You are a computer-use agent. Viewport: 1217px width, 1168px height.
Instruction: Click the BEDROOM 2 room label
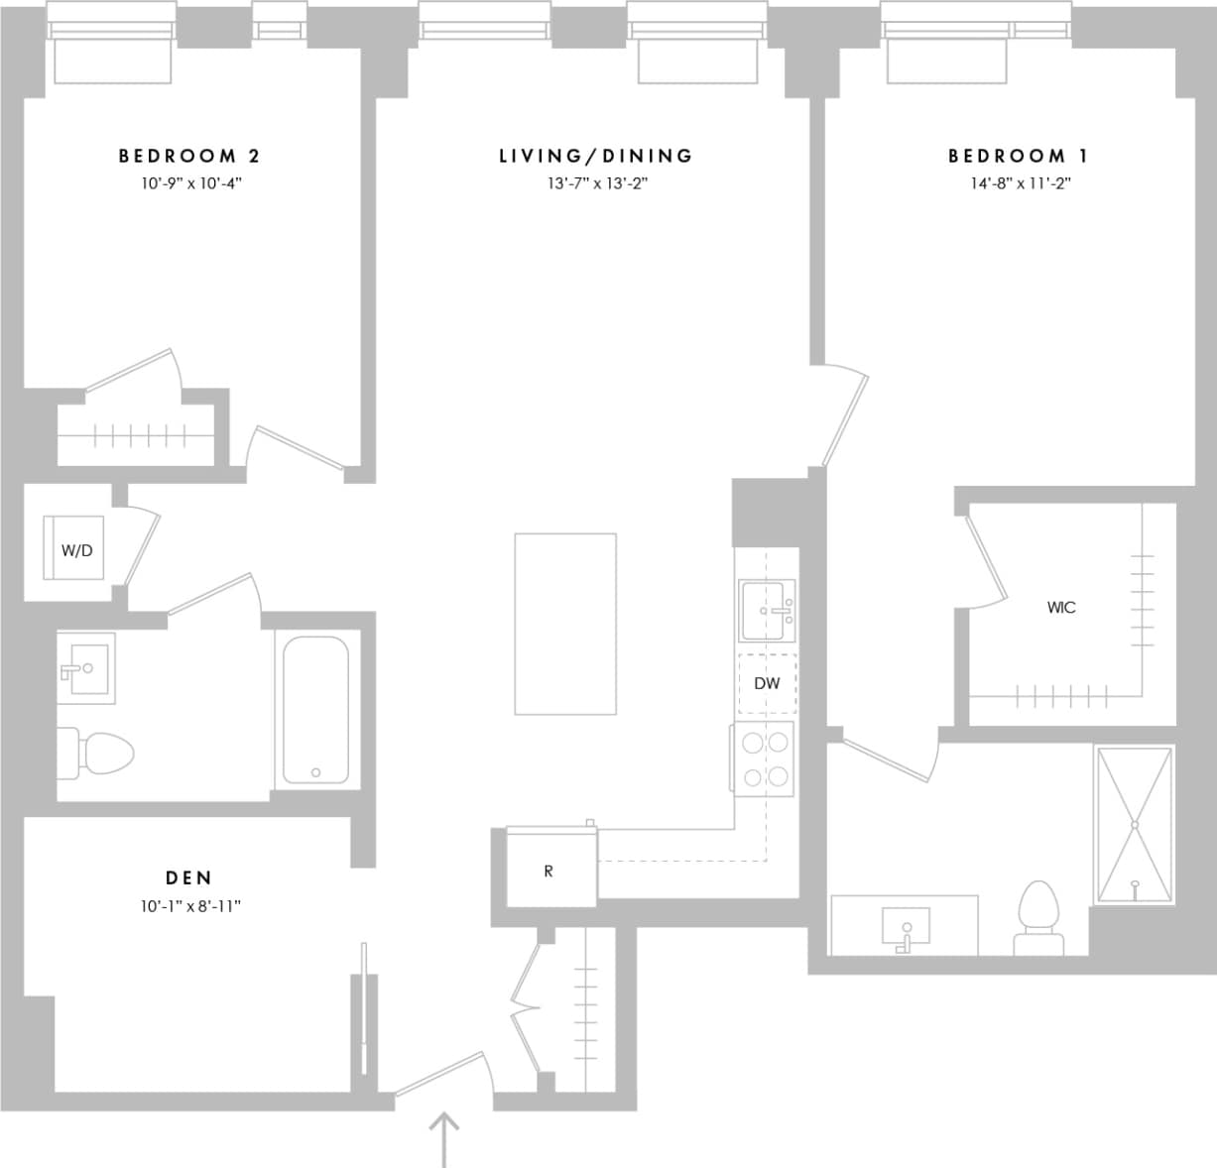click(x=189, y=156)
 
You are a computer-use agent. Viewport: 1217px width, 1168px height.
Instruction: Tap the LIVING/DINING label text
click(x=595, y=156)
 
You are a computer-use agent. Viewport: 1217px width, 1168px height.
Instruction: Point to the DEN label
click(x=188, y=877)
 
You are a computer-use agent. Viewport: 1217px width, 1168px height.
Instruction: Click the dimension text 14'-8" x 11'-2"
click(x=1021, y=183)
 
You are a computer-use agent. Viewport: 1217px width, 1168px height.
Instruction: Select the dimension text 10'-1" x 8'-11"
click(x=190, y=905)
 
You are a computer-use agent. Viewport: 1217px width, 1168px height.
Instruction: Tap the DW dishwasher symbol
click(x=767, y=683)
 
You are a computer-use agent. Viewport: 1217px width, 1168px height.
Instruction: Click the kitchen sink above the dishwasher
click(x=767, y=611)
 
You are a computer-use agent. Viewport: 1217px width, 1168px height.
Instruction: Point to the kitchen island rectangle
click(x=564, y=624)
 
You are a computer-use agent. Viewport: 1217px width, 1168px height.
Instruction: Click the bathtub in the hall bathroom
click(x=315, y=710)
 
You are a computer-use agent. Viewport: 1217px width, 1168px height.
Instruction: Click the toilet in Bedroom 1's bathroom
click(x=1038, y=917)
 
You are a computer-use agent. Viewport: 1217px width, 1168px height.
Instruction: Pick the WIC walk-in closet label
click(x=1060, y=607)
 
